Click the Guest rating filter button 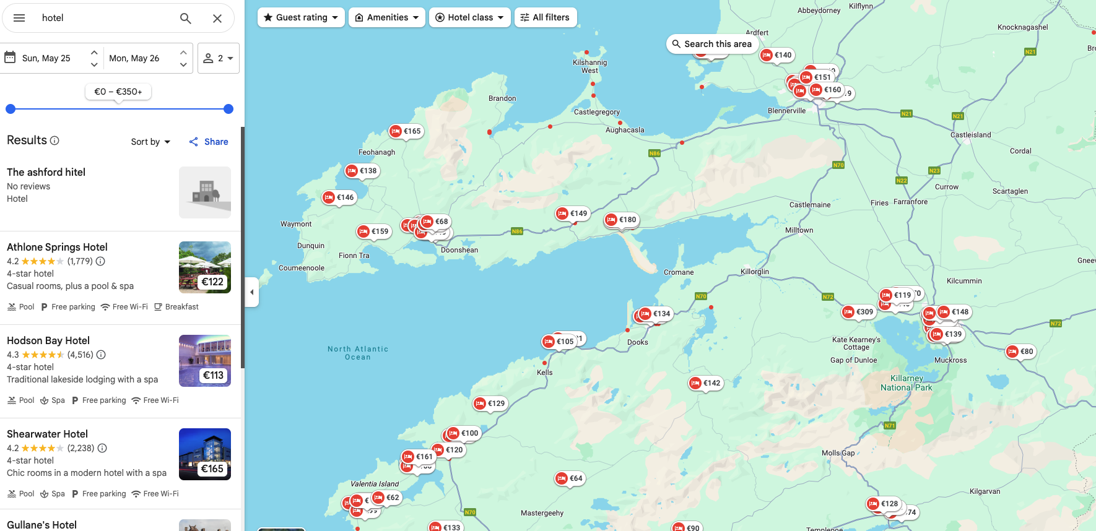coord(301,17)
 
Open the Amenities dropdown coord(387,17)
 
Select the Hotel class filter coord(470,17)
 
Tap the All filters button coord(545,17)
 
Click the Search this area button coord(712,44)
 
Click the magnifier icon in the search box coord(185,18)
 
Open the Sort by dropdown coord(150,142)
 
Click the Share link coord(209,142)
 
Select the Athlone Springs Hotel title coord(57,247)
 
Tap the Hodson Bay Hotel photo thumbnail coord(205,361)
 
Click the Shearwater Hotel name coord(47,434)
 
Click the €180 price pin coord(621,220)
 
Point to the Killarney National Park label coord(906,382)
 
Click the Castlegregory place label coord(596,112)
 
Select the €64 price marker coord(570,478)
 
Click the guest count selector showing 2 coord(219,58)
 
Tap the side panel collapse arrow coord(251,292)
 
